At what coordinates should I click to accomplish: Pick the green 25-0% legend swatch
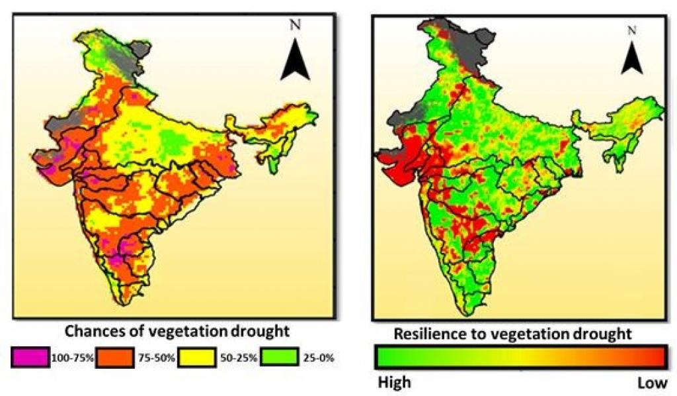pyautogui.click(x=280, y=358)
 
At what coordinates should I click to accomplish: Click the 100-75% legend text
pyautogui.click(x=73, y=358)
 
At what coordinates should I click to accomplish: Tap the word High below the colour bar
pyautogui.click(x=394, y=382)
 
